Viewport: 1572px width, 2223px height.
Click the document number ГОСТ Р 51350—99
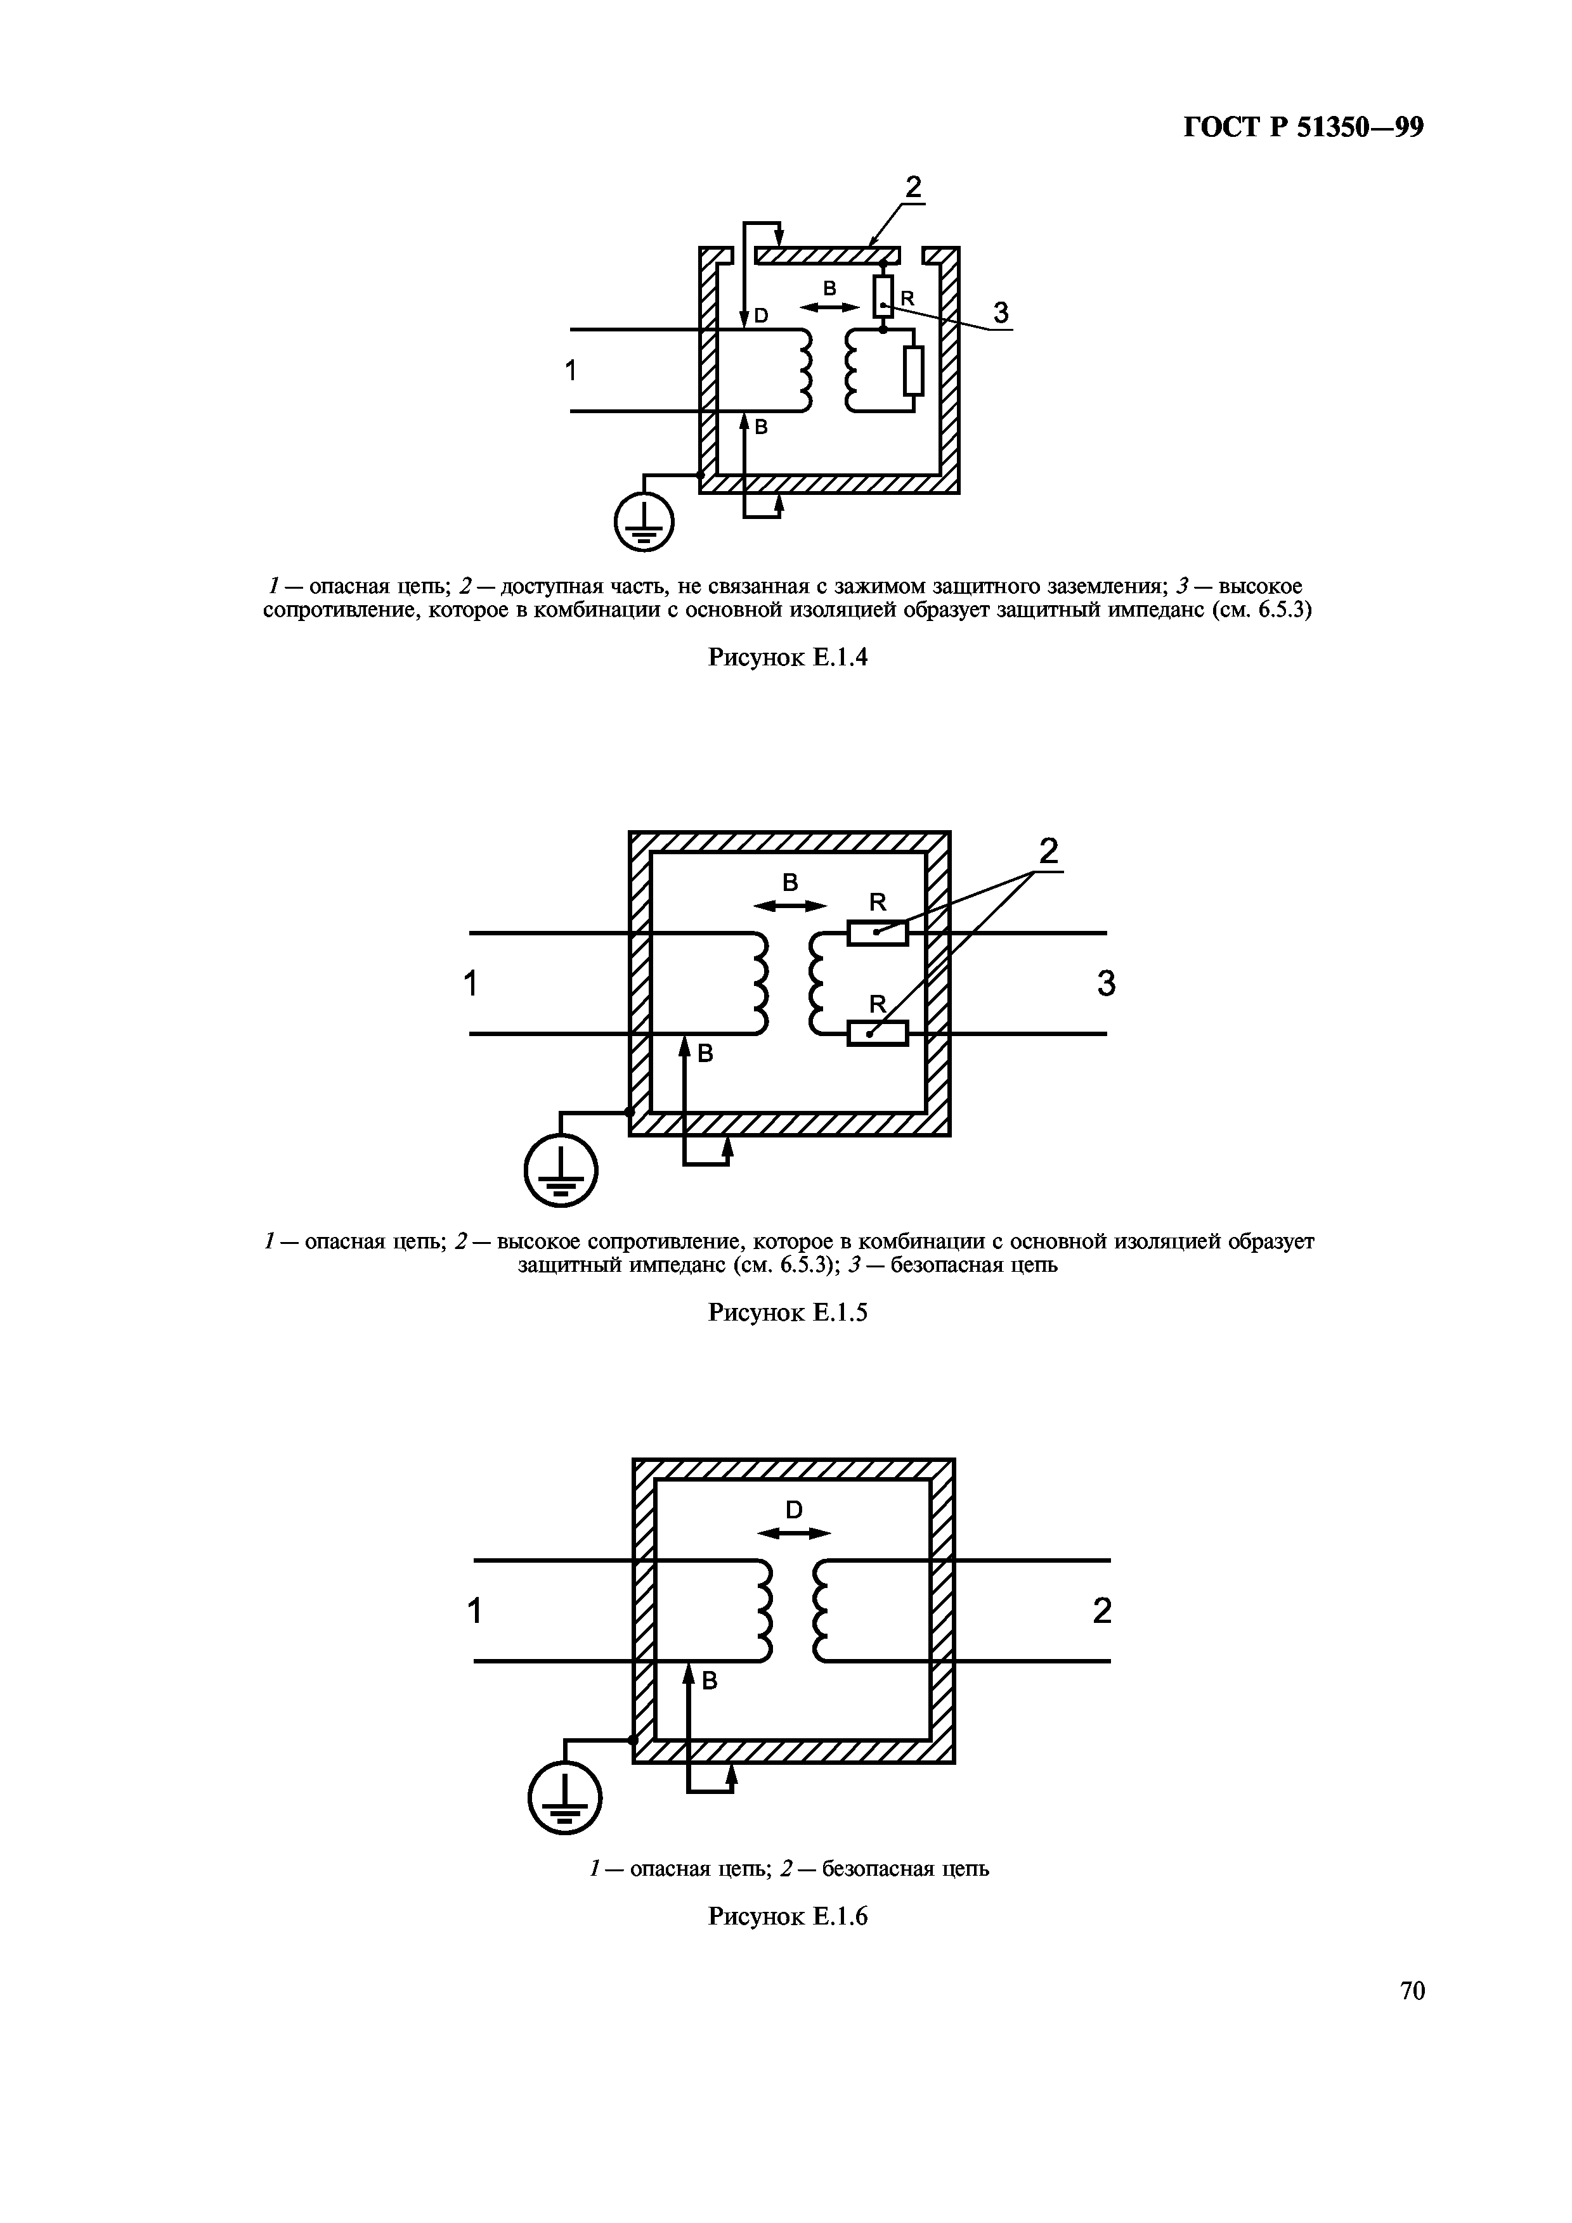coord(1302,129)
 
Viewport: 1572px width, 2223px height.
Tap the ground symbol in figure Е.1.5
coord(561,1170)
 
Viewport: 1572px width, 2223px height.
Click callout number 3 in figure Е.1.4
coord(1001,313)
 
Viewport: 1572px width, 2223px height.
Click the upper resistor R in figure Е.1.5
coord(878,933)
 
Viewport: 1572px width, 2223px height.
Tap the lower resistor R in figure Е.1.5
coord(878,1034)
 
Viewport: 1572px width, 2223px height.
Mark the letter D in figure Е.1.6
coord(794,1509)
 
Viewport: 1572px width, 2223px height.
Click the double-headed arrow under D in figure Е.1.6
coord(793,1534)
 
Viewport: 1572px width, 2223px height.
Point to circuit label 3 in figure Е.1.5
coord(1106,983)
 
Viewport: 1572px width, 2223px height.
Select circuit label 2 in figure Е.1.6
coord(1102,1611)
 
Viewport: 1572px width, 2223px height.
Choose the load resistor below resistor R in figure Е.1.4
coord(913,370)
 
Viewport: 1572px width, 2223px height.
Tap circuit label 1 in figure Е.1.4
coord(571,370)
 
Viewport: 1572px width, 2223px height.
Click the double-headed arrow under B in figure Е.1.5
coord(790,906)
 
